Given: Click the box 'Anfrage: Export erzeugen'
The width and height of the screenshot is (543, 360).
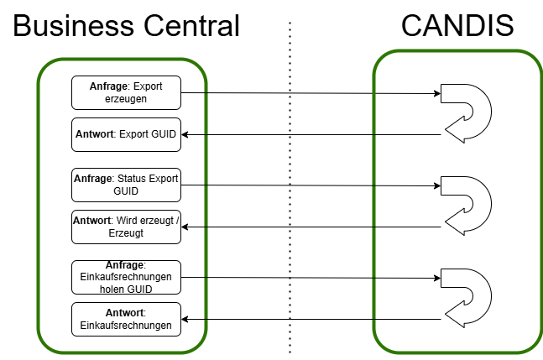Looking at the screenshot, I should tap(126, 92).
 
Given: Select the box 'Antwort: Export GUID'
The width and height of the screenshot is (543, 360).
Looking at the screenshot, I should tap(126, 134).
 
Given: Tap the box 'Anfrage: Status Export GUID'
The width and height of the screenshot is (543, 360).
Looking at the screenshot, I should tap(126, 185).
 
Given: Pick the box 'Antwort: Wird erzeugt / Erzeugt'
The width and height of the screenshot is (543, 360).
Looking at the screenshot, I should tap(126, 227).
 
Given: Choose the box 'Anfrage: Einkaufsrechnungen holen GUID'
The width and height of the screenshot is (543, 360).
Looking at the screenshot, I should tap(126, 277).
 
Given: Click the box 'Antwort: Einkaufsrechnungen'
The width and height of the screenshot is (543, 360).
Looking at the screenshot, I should tap(126, 319).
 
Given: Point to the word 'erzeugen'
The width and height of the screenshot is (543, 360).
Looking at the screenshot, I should tap(126, 98).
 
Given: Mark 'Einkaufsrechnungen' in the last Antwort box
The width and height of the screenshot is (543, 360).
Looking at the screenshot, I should tap(126, 326).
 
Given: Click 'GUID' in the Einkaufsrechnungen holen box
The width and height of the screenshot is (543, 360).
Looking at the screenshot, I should tap(139, 290).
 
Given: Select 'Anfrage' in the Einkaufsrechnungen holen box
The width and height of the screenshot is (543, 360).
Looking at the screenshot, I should tap(125, 265).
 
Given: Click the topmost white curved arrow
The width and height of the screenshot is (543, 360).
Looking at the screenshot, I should tap(467, 114).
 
